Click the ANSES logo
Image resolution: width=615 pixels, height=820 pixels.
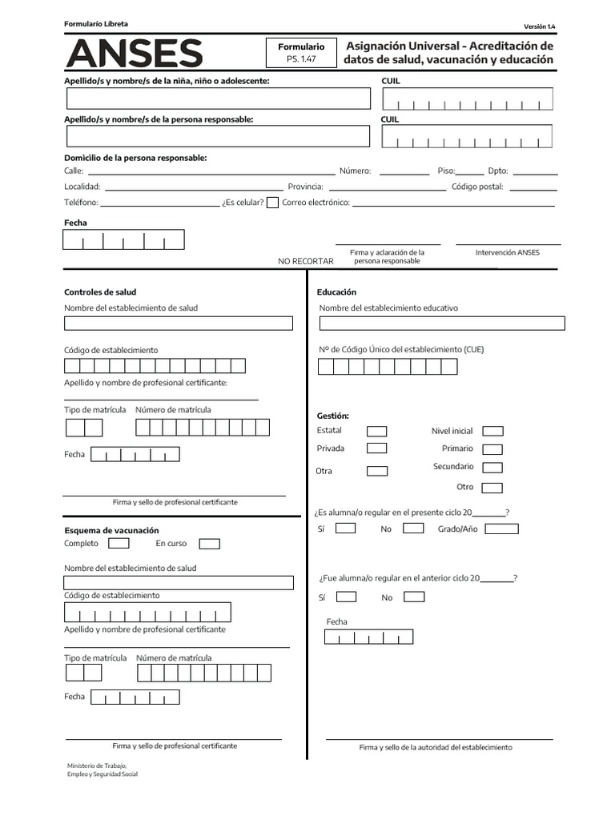[x=134, y=54]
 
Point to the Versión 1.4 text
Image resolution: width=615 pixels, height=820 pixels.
[x=539, y=26]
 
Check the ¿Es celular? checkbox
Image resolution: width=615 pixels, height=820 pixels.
[x=272, y=203]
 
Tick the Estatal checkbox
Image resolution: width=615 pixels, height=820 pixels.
[x=376, y=431]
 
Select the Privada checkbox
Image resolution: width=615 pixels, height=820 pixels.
[x=376, y=448]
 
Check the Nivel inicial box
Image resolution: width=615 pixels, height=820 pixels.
[x=493, y=432]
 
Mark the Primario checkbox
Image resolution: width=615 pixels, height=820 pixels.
[x=493, y=449]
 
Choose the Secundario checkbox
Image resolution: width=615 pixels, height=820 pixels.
[x=493, y=468]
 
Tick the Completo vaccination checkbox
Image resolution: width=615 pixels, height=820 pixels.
[x=119, y=544]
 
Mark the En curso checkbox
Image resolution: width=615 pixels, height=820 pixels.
[x=210, y=544]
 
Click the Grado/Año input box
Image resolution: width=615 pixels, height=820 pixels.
[x=501, y=529]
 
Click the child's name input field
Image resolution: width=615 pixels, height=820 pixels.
[x=219, y=98]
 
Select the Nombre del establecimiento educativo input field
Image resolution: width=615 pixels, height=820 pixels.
[x=442, y=324]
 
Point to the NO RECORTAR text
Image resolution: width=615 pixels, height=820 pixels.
[x=306, y=261]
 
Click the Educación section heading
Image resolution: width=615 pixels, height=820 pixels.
[x=336, y=292]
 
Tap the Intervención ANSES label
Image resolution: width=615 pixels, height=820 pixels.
[x=508, y=252]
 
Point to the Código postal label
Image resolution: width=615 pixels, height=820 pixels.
[x=477, y=187]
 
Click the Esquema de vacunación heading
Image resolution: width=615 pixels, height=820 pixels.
[x=111, y=530]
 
